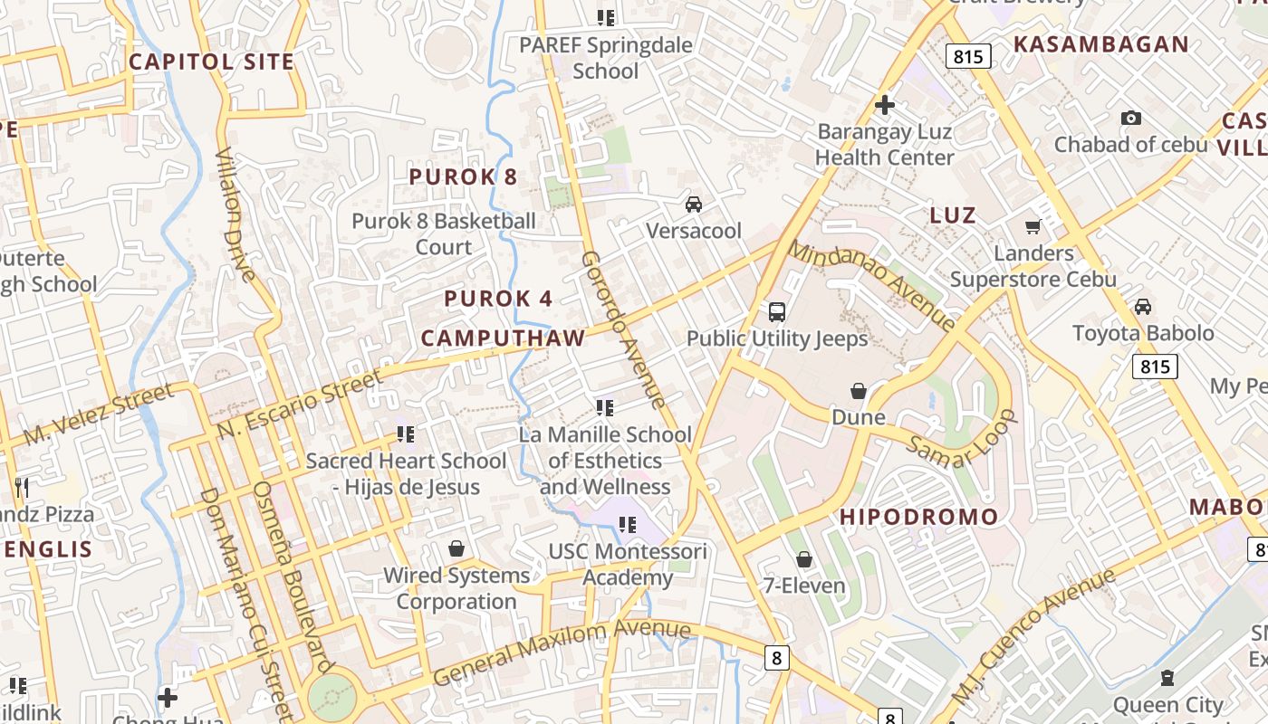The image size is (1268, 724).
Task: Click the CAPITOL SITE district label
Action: [x=211, y=62]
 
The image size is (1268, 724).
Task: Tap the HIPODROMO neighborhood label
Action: [x=918, y=517]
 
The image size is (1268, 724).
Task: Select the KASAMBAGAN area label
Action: [x=1100, y=44]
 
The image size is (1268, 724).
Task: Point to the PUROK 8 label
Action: [x=463, y=176]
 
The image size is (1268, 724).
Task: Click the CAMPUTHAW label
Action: [x=503, y=338]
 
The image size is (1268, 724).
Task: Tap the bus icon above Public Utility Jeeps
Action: [x=777, y=312]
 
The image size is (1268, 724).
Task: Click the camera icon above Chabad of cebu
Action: [x=1130, y=118]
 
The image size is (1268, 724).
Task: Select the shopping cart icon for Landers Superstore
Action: [x=1033, y=226]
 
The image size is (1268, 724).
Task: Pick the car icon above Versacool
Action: [x=693, y=205]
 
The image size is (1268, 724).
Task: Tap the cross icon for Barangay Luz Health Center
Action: [x=884, y=105]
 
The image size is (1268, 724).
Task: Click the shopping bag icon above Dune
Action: [x=858, y=391]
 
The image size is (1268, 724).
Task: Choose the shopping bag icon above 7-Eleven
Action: [x=803, y=559]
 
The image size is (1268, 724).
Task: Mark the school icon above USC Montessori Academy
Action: [x=628, y=524]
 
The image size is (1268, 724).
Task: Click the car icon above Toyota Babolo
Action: [x=1143, y=307]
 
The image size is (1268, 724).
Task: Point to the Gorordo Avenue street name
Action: [x=624, y=329]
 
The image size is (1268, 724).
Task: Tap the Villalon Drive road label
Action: [x=235, y=214]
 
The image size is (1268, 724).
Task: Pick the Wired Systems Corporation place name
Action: [x=456, y=588]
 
